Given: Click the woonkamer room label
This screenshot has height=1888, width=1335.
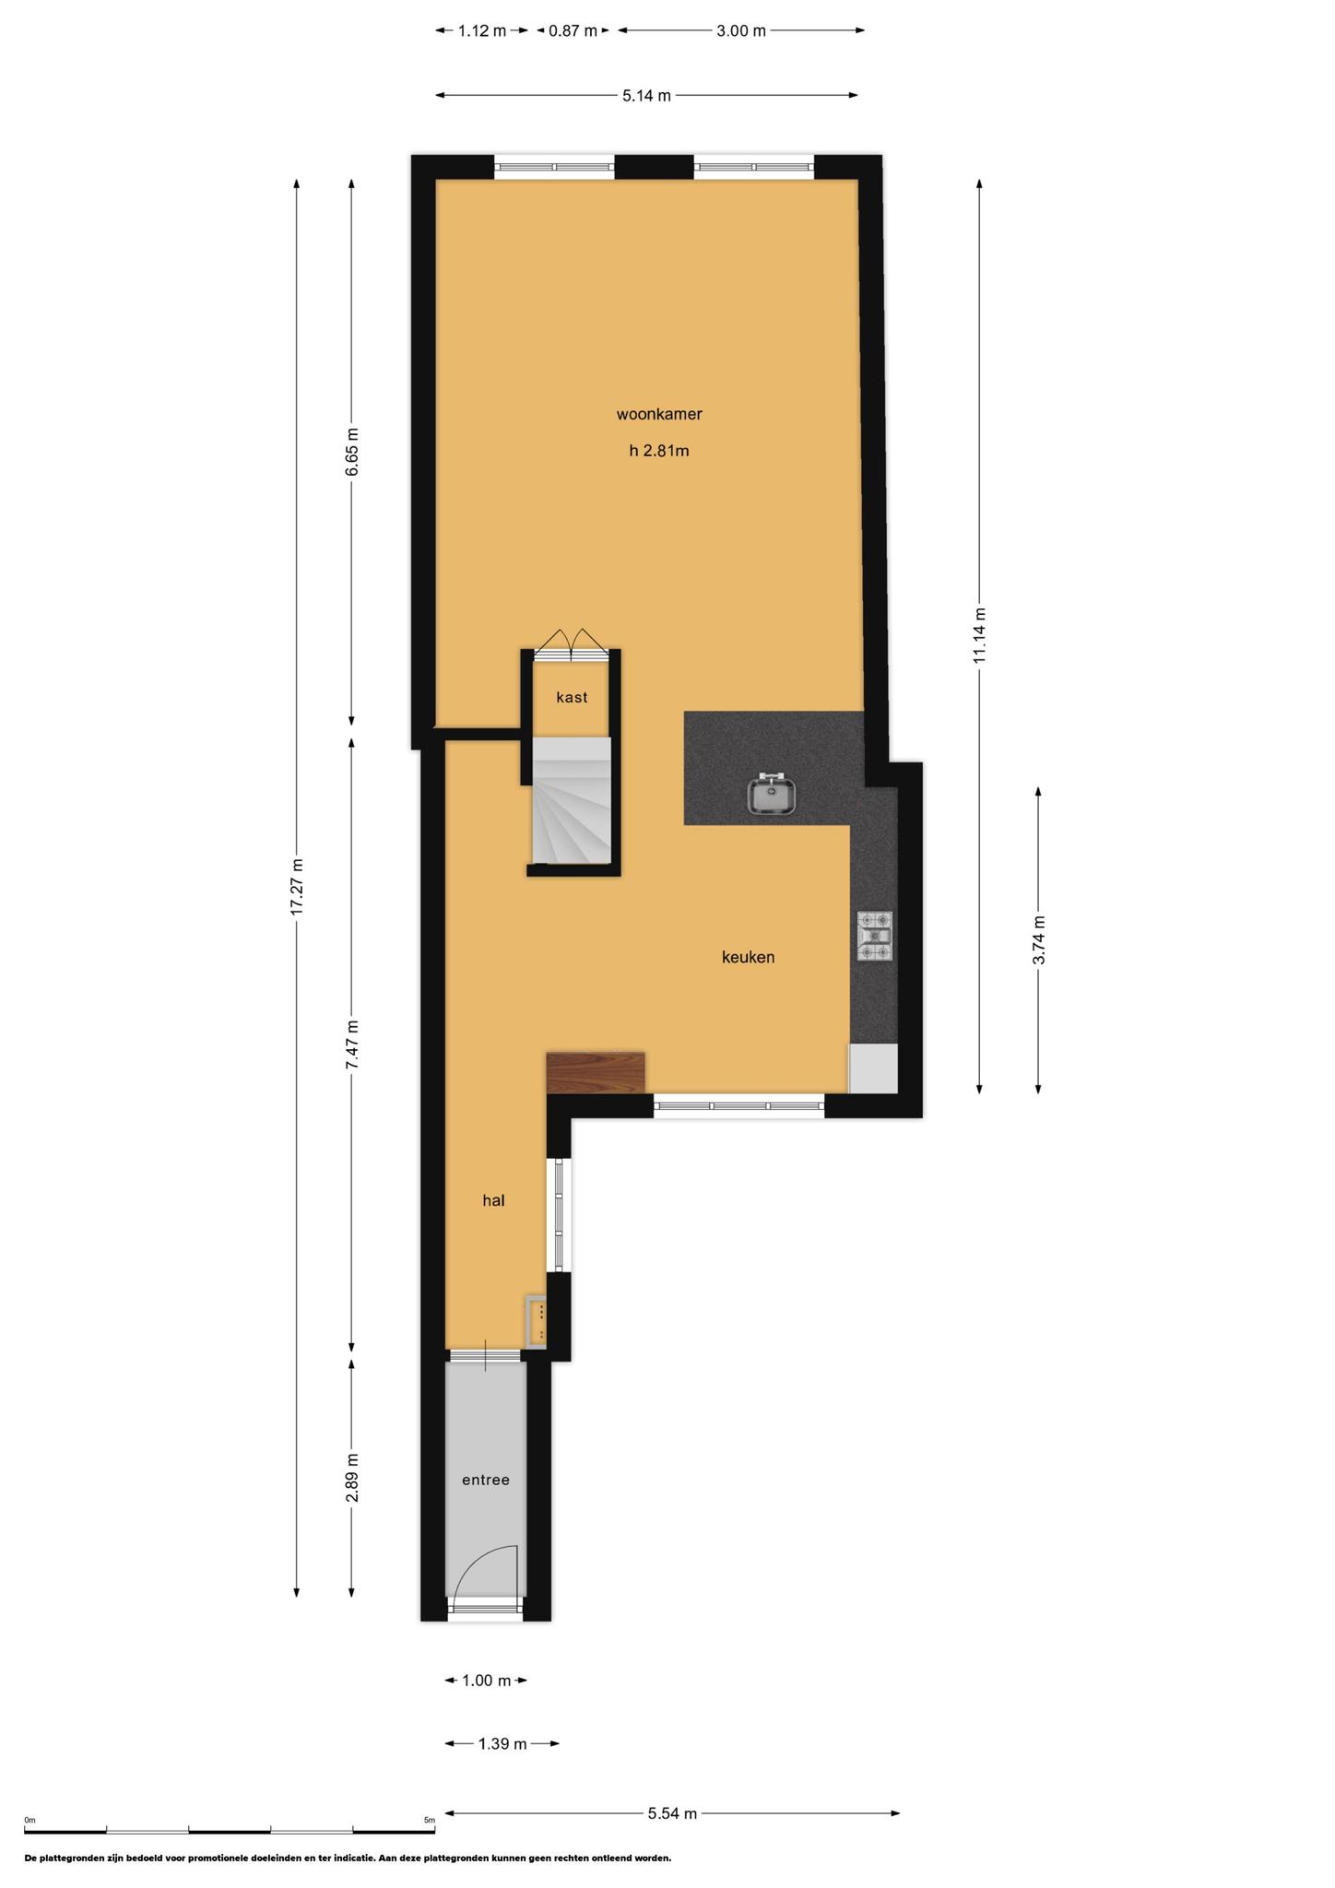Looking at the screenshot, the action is pos(659,415).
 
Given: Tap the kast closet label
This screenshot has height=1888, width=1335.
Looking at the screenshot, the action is pos(572,698).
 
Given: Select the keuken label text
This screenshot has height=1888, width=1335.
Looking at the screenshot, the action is pos(748,958).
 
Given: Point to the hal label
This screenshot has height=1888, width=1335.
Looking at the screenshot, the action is pos(493,1201).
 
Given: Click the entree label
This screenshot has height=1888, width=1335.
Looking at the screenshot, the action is pos(485,1481).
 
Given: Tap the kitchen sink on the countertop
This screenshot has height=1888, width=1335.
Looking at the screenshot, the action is pos(773,796).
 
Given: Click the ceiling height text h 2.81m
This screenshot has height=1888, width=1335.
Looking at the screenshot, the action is pos(659,452).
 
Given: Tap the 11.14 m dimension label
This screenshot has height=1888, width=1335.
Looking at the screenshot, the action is pos(979,634).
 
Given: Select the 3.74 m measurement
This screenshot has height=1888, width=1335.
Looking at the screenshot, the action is pos(1039,940).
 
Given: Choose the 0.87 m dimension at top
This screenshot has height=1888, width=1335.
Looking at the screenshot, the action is pos(573,31).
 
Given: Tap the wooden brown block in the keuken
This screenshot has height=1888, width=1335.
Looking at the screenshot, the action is pos(596,1073).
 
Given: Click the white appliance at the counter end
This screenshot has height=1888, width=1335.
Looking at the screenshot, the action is pos(873,1069).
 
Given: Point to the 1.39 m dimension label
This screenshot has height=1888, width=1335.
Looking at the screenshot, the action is pos(502,1744).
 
